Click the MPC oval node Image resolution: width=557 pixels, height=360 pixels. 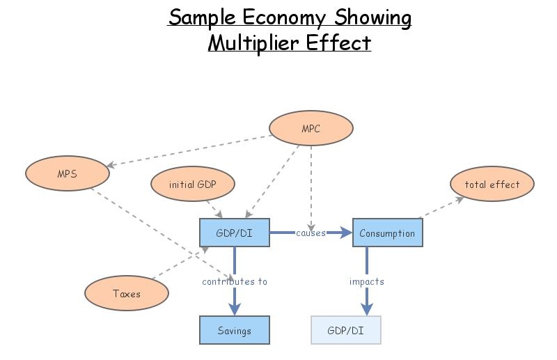pos(311,129)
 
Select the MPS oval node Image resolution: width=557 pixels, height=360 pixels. pos(67,173)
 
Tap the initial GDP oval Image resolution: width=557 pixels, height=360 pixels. pos(193,185)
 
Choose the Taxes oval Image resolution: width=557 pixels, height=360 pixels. pos(127,293)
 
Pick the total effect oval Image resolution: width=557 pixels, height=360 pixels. pos(492,185)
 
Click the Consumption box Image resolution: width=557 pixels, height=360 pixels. pos(387,233)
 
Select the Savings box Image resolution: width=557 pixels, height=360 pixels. pos(234,331)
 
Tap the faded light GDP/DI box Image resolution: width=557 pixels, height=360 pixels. pos(346,331)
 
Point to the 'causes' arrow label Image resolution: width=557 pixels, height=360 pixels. pos(311,233)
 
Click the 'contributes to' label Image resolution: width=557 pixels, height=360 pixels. pos(234,281)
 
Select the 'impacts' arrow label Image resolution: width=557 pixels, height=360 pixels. pos(366,281)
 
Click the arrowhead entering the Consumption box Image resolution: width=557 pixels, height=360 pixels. pos(346,233)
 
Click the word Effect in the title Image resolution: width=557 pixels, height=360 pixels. pos(340,43)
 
